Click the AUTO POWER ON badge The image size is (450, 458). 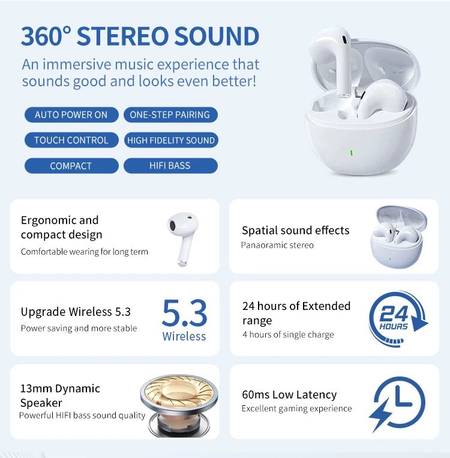(x=71, y=115)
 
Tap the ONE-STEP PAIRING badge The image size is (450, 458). (x=170, y=115)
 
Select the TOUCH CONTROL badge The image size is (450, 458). (x=71, y=140)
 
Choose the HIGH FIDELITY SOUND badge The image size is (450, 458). (x=170, y=140)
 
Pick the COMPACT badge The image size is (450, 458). (x=71, y=166)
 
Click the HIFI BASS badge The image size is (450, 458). (x=170, y=166)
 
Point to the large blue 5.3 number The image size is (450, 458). (x=184, y=312)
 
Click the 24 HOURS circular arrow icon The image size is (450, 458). (x=396, y=318)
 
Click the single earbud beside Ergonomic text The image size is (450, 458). (x=182, y=237)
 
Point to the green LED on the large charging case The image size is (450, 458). (x=352, y=152)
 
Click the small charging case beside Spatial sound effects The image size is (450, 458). (x=396, y=237)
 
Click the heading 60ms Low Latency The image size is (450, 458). (x=289, y=394)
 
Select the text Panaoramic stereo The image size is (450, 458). (x=277, y=245)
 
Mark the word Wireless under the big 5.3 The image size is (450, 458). (x=184, y=336)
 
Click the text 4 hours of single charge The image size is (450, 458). (x=288, y=335)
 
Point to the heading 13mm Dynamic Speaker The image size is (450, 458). (x=60, y=396)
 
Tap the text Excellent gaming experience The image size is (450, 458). (x=296, y=409)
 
